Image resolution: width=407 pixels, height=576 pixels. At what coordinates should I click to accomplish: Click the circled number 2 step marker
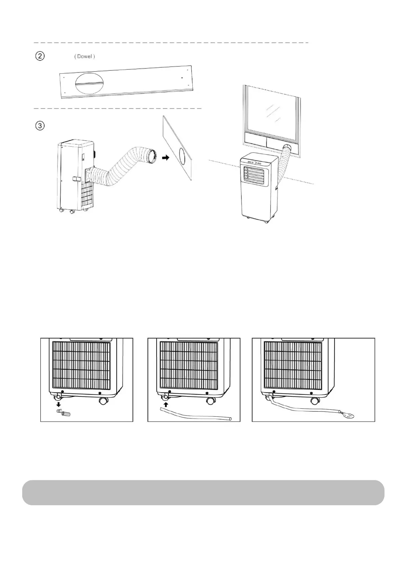(x=40, y=56)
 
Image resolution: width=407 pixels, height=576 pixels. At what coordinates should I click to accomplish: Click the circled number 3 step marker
(x=40, y=126)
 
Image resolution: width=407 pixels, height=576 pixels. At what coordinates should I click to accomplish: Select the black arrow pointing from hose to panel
(x=165, y=158)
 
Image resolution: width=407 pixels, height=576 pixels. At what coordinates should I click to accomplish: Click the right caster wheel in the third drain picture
(x=314, y=401)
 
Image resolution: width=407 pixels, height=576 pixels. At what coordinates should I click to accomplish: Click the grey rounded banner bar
(x=203, y=492)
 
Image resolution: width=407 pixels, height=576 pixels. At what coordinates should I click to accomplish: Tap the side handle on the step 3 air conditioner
(x=76, y=179)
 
